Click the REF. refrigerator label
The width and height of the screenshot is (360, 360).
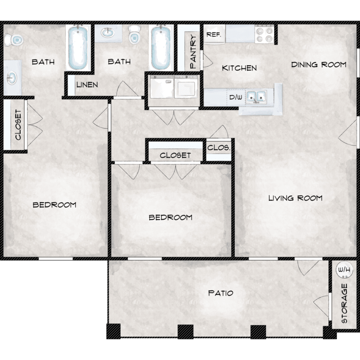tap(214, 35)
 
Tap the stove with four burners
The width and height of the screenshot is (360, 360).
tap(264, 34)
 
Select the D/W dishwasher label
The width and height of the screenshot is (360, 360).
tap(236, 97)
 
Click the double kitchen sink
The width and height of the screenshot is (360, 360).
tap(256, 96)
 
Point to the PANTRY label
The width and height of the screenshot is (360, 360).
tap(193, 52)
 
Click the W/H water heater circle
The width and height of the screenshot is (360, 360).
tap(344, 270)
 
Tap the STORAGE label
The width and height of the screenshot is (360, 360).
tap(344, 303)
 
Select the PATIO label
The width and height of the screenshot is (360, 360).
tap(220, 293)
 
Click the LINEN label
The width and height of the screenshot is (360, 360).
tap(87, 84)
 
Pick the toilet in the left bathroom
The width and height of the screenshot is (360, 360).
tap(14, 40)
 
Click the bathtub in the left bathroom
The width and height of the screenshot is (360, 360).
tap(78, 48)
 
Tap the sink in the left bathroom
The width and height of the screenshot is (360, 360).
tap(12, 78)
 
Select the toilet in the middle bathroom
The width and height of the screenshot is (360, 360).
tap(134, 35)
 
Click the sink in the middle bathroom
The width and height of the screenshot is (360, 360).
tap(108, 33)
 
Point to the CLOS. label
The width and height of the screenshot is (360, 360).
tap(218, 148)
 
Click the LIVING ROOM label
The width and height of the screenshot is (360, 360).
tap(295, 198)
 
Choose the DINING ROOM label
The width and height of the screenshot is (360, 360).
tap(319, 64)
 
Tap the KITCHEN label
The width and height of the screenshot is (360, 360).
tap(239, 68)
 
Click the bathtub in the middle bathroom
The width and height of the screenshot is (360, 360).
tap(161, 48)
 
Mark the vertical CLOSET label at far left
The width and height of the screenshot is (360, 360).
tap(18, 125)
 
